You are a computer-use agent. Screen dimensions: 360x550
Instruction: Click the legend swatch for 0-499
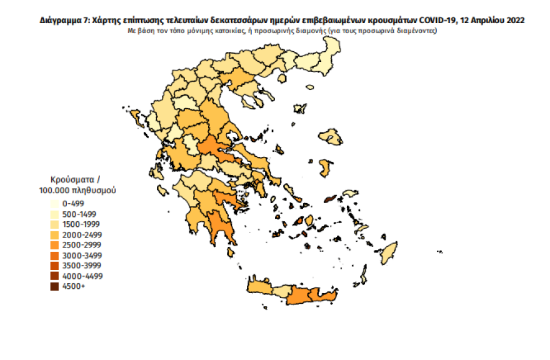[x=55, y=204]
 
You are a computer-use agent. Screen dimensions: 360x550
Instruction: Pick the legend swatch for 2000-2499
[x=55, y=235]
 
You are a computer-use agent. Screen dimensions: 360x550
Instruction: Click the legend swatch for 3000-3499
[x=55, y=256]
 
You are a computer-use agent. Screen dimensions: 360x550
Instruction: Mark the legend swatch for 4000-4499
[x=55, y=276]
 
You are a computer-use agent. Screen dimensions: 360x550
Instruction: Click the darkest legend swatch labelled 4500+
[x=55, y=287]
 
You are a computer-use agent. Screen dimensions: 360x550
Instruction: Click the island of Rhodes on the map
[x=390, y=251]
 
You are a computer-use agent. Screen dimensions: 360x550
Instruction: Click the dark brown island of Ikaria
[x=330, y=200]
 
